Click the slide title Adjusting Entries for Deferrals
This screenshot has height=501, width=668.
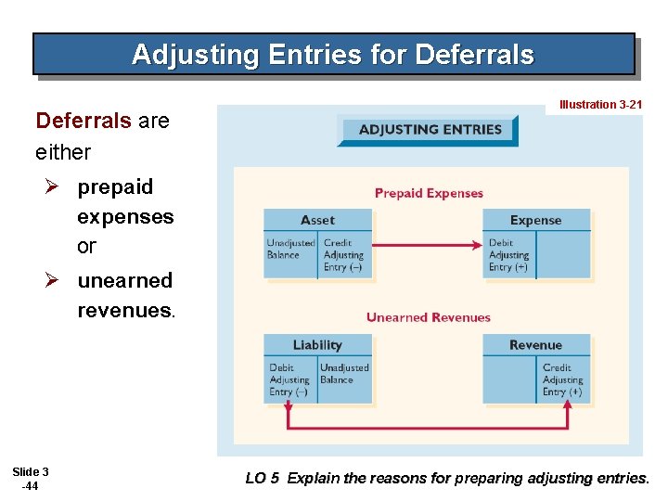coord(333,55)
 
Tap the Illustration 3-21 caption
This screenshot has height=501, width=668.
coord(600,105)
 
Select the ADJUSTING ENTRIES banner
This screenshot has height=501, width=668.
coord(430,130)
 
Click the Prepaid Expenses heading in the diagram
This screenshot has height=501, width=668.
coord(429,193)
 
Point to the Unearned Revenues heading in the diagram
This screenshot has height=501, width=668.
coord(428,317)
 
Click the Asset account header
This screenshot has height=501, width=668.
coord(317,220)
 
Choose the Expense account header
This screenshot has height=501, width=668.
coord(535,220)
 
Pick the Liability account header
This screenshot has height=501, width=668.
coord(317,345)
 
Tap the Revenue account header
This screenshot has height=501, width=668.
coord(535,345)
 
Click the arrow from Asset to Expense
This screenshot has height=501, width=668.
coord(427,245)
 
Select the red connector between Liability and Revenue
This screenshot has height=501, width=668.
coord(427,428)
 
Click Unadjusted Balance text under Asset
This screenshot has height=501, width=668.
coord(290,249)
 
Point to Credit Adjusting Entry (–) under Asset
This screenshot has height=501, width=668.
coord(343,255)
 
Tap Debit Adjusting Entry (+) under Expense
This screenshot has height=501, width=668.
coord(508,255)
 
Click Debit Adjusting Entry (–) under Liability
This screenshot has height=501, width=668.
coord(289,379)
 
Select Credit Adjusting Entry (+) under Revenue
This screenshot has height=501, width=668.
coord(562,379)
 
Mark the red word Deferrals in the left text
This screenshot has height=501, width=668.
coord(83,121)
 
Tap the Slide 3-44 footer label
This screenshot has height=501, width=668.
coord(31,479)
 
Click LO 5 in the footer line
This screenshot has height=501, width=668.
coord(262,479)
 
